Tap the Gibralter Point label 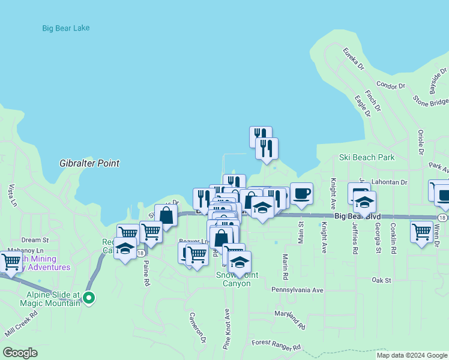[x=89, y=163]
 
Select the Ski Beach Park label [x=367, y=157]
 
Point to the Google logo [x=20, y=353]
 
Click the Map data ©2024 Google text [x=412, y=355]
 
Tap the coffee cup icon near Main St [x=301, y=194]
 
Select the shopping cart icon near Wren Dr [x=421, y=230]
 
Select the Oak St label [x=381, y=280]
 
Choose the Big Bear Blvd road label [x=358, y=216]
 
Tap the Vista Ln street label [x=11, y=196]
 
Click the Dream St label [x=35, y=239]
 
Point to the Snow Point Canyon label [x=237, y=279]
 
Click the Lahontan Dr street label [x=389, y=182]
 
